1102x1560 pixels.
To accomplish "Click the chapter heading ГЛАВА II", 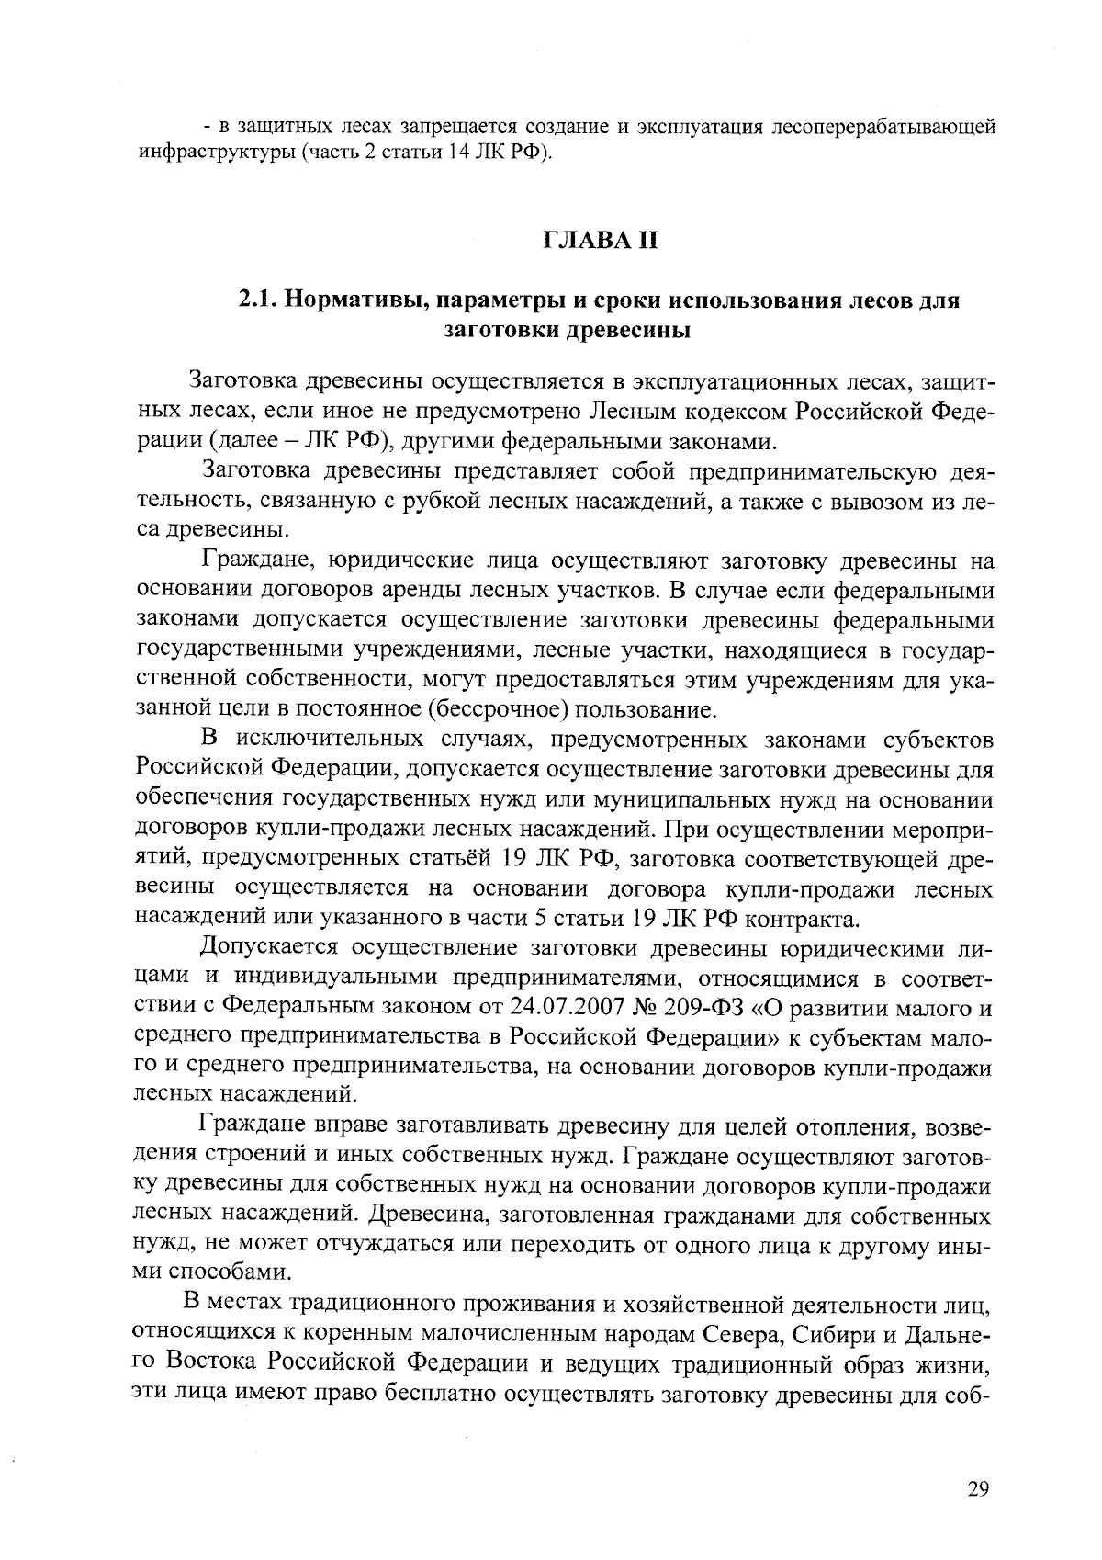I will (602, 243).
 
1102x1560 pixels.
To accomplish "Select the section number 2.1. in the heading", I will (259, 300).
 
